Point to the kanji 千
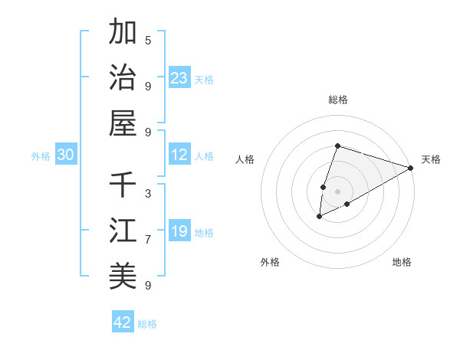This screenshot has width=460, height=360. click(x=123, y=185)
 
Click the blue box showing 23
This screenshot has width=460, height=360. click(x=179, y=77)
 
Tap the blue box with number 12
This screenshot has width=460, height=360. click(x=179, y=155)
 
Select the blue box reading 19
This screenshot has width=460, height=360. click(x=179, y=231)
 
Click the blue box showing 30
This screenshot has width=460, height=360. click(x=66, y=155)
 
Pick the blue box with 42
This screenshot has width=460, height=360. click(x=123, y=322)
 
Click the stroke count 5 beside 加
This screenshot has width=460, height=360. click(x=148, y=40)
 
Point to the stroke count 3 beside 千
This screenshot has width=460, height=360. click(x=148, y=192)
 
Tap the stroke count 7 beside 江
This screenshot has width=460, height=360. click(x=148, y=239)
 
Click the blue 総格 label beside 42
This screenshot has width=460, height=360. click(x=147, y=324)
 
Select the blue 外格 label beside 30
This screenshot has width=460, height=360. click(x=41, y=156)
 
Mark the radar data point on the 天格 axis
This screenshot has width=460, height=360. click(x=411, y=168)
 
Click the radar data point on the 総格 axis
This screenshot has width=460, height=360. click(x=337, y=146)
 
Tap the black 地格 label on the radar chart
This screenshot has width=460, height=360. click(x=402, y=262)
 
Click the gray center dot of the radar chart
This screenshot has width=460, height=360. click(x=337, y=191)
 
